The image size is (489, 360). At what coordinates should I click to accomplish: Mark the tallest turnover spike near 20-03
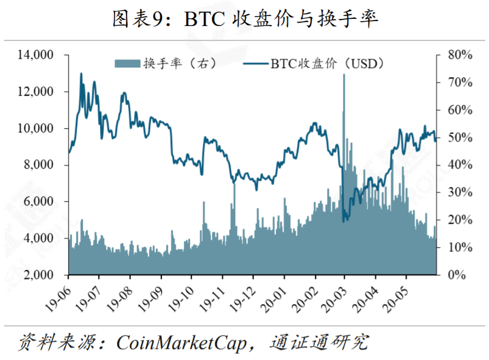(344, 75)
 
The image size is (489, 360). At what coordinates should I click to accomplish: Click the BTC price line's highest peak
(81, 73)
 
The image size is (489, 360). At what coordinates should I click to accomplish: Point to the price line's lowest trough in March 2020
(345, 221)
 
